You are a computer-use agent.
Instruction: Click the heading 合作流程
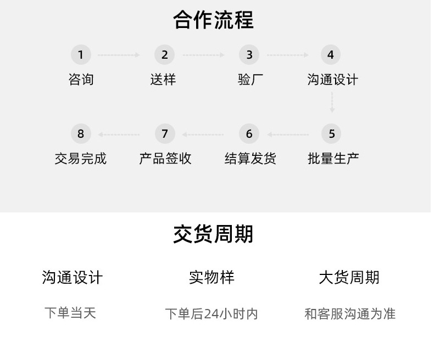pyautogui.click(x=213, y=20)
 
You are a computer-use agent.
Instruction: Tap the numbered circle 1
pyautogui.click(x=81, y=55)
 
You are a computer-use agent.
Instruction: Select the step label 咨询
pyautogui.click(x=81, y=80)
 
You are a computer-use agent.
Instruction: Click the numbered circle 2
pyautogui.click(x=164, y=55)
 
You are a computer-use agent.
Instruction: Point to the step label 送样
pyautogui.click(x=163, y=80)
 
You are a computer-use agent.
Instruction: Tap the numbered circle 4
pyautogui.click(x=330, y=55)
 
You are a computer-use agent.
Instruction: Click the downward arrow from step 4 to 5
pyautogui.click(x=332, y=103)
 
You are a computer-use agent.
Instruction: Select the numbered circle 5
pyautogui.click(x=331, y=134)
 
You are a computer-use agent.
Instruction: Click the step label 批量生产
pyautogui.click(x=333, y=159)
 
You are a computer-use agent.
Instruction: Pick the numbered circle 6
pyautogui.click(x=249, y=134)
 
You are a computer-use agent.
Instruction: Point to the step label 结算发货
pyautogui.click(x=250, y=159)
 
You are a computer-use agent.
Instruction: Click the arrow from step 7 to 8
pyautogui.click(x=119, y=134)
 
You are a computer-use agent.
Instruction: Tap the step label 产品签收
pyautogui.click(x=165, y=159)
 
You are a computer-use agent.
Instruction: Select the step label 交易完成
pyautogui.click(x=81, y=159)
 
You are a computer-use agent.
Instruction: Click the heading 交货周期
pyautogui.click(x=213, y=234)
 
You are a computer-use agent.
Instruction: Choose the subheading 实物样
pyautogui.click(x=212, y=277)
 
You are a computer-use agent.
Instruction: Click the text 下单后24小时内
pyautogui.click(x=212, y=314)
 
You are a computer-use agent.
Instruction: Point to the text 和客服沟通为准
pyautogui.click(x=350, y=314)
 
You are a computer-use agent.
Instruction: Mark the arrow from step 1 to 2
pyautogui.click(x=119, y=55)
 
